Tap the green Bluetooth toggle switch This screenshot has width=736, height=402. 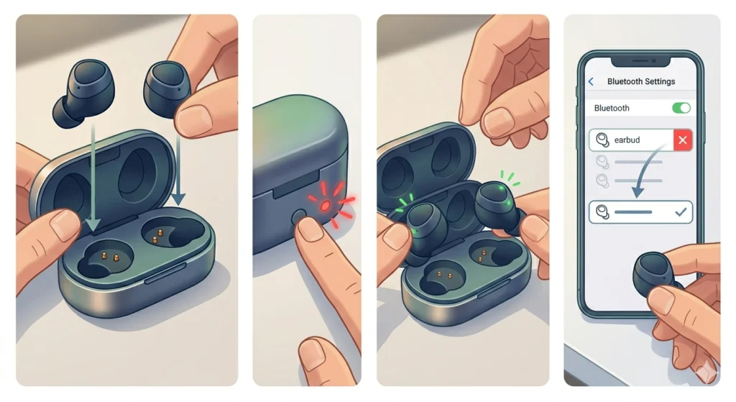pos(681,108)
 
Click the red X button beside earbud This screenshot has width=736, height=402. pos(683,140)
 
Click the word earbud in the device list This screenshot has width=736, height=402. pos(627,140)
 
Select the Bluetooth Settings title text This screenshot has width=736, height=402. pos(640,81)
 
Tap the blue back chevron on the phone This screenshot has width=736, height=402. pos(591,81)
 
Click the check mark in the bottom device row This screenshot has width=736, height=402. pos(681,212)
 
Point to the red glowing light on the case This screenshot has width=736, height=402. pos(325,206)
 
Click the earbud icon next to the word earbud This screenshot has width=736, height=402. pos(602,140)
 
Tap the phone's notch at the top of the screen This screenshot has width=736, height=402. pos(640,61)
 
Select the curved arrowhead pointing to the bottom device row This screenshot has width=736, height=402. pos(637,192)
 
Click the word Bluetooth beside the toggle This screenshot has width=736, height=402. pos(612,108)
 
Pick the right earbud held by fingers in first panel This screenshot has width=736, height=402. pos(167,88)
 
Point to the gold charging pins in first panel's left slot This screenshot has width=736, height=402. pos(110,257)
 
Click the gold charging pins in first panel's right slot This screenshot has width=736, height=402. pos(157,236)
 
